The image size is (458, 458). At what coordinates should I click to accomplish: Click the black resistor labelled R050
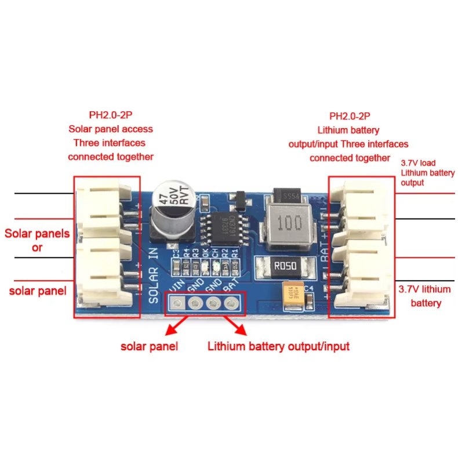pyautogui.click(x=284, y=267)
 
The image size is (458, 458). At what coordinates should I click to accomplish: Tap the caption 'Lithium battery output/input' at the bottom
pyautogui.click(x=278, y=347)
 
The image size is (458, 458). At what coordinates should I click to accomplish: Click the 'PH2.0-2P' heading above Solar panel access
pyautogui.click(x=110, y=115)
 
